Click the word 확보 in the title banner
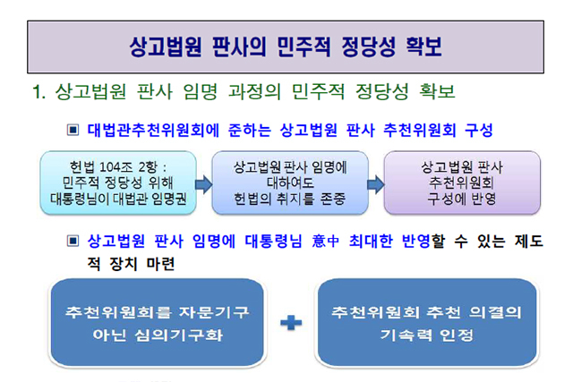tap(423, 47)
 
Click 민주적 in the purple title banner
tap(303, 47)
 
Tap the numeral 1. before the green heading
tap(39, 91)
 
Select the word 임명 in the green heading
tap(201, 91)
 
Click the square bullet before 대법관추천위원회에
tap(73, 130)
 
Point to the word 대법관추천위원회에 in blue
tap(153, 130)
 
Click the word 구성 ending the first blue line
tap(479, 130)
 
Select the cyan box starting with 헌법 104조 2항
tap(118, 183)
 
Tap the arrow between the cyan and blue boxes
tap(204, 184)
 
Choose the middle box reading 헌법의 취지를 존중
tap(290, 183)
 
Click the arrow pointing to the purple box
tap(376, 184)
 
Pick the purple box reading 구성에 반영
tap(462, 183)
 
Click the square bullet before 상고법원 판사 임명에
tap(73, 241)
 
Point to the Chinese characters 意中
tap(326, 241)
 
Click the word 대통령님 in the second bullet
tap(273, 241)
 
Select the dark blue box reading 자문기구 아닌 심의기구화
tap(158, 323)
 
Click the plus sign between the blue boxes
tap(291, 323)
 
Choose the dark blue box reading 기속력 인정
tap(427, 323)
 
